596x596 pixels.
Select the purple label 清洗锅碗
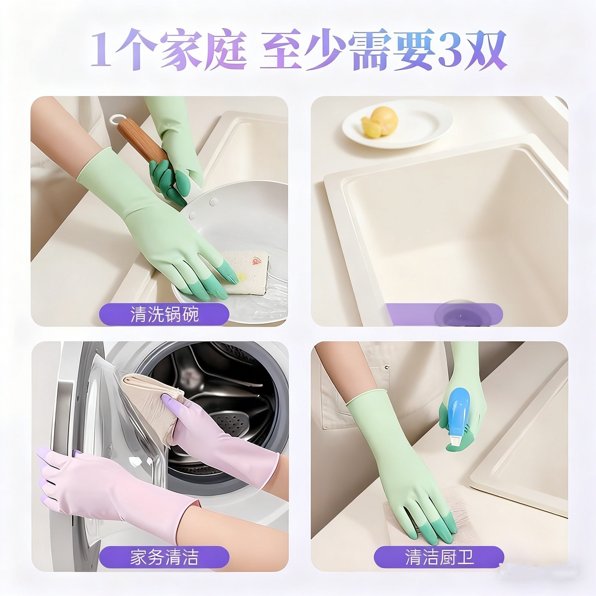164,314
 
